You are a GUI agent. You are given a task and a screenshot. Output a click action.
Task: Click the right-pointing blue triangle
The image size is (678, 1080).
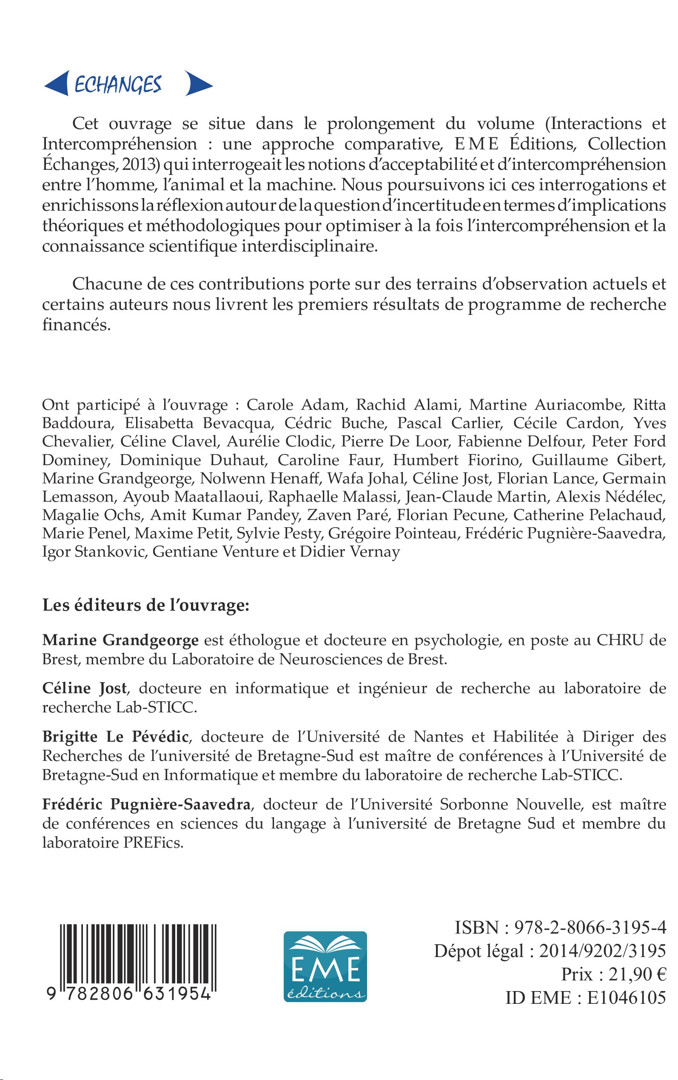point(198,83)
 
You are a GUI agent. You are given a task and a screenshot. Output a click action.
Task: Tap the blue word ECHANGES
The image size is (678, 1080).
point(118,84)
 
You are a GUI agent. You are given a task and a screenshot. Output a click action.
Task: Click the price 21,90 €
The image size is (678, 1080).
point(637,974)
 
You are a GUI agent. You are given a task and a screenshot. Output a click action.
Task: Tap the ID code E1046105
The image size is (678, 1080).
point(627,997)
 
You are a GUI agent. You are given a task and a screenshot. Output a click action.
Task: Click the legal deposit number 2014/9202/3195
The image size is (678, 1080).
point(602,950)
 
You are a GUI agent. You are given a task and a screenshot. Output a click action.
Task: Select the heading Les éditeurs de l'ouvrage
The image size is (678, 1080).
point(146,605)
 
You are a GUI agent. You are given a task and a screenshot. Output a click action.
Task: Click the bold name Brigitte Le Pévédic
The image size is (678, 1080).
point(115,737)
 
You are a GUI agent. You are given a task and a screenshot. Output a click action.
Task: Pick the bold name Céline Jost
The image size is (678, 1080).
point(84,688)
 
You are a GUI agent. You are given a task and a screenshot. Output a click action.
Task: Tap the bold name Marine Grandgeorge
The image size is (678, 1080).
point(120,640)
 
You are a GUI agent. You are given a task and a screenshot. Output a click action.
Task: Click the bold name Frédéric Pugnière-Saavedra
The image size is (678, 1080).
point(146,804)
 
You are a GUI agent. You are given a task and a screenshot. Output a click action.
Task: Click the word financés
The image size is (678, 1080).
point(76,325)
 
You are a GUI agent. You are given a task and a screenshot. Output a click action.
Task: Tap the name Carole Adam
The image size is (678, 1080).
point(297,405)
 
